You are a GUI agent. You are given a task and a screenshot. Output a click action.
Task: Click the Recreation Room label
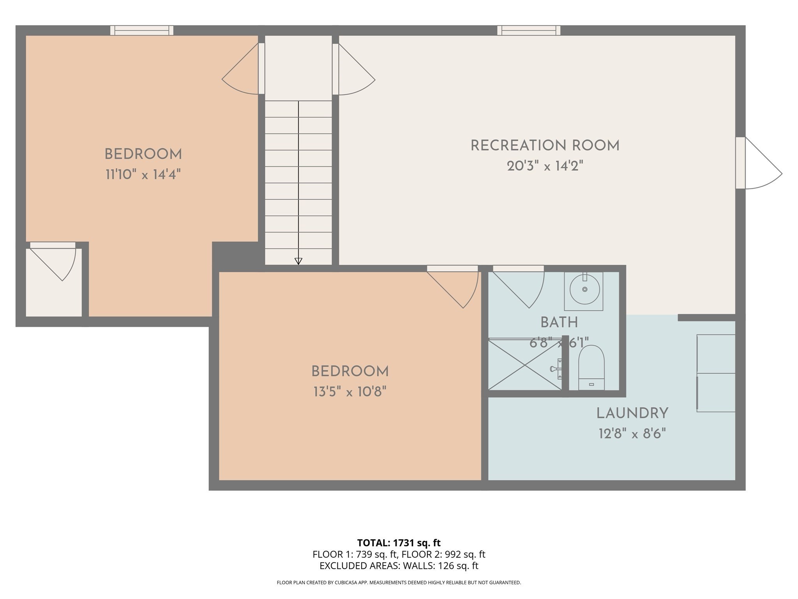pyautogui.click(x=545, y=146)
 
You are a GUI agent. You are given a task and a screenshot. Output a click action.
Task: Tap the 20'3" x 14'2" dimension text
pyautogui.click(x=545, y=167)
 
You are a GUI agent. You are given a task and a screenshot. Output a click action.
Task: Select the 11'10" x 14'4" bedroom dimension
pyautogui.click(x=143, y=175)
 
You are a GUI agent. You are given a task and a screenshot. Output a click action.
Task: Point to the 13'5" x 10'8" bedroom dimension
pyautogui.click(x=350, y=392)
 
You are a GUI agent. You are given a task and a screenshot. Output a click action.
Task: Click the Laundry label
pyautogui.click(x=632, y=413)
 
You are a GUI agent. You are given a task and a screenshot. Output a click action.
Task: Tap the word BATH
pyautogui.click(x=559, y=323)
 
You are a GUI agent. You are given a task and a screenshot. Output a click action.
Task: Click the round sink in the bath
pyautogui.click(x=584, y=289)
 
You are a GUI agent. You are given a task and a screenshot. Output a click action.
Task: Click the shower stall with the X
pyautogui.click(x=525, y=364)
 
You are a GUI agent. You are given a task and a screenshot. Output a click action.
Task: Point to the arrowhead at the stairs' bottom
pyautogui.click(x=298, y=261)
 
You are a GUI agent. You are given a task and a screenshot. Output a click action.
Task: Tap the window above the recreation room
pyautogui.click(x=528, y=30)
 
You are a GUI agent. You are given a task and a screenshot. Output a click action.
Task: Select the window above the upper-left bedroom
pyautogui.click(x=141, y=30)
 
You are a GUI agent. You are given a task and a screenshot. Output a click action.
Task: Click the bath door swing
pyautogui.click(x=522, y=289)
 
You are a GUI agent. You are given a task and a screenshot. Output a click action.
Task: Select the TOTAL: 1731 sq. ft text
pyautogui.click(x=399, y=543)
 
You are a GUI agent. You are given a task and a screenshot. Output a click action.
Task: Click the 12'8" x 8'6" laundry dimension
pyautogui.click(x=632, y=434)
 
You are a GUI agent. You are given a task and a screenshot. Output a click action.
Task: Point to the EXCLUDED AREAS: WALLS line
pyautogui.click(x=399, y=566)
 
